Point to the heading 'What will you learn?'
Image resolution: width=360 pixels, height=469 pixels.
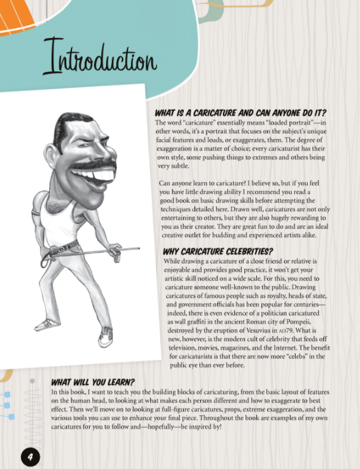point(92,382)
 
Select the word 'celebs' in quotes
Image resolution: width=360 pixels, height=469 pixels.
point(291,356)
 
